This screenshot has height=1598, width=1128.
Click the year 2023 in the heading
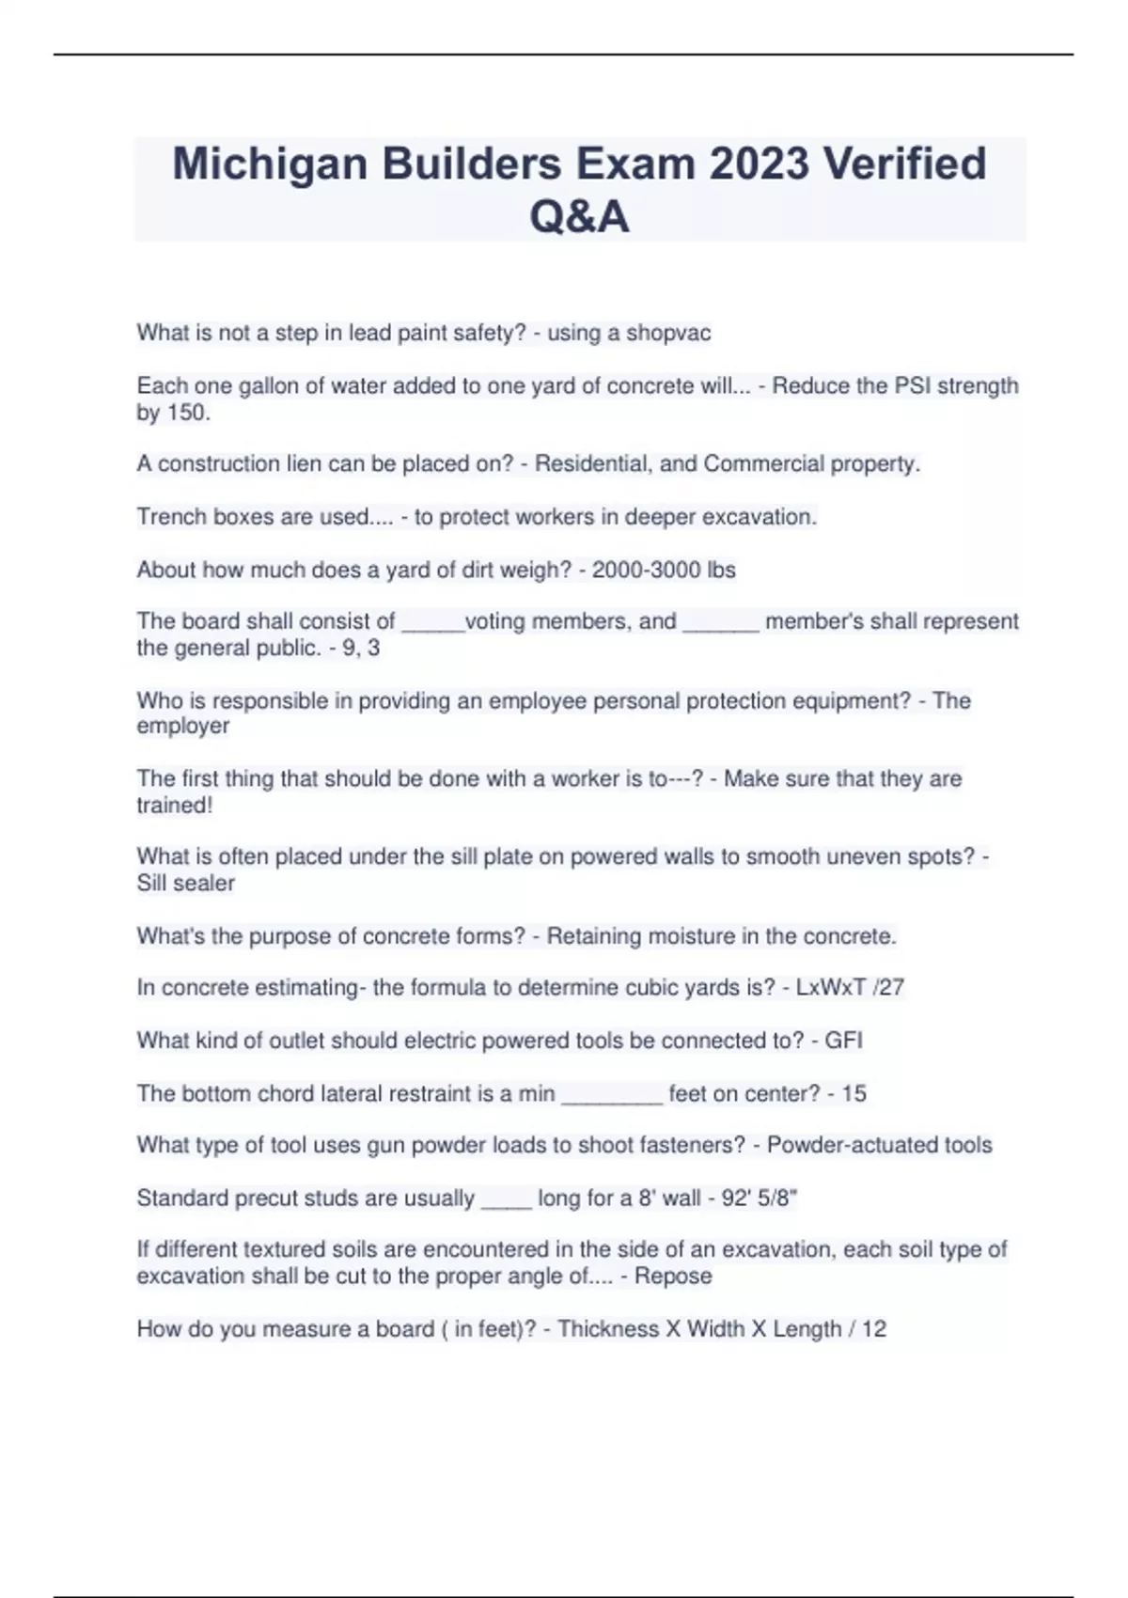(x=759, y=164)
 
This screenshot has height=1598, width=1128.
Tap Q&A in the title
(x=579, y=217)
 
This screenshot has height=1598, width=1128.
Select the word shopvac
(x=668, y=333)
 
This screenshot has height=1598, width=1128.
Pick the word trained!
(x=174, y=806)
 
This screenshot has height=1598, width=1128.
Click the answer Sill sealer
(x=185, y=884)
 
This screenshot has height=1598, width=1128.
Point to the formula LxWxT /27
(x=850, y=987)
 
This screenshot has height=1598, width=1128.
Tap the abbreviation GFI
(x=843, y=1041)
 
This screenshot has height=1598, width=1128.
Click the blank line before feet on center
(x=612, y=1095)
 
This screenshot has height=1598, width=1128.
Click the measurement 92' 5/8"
(x=760, y=1198)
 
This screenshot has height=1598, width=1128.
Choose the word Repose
(x=673, y=1276)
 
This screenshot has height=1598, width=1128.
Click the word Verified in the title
(x=904, y=164)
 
